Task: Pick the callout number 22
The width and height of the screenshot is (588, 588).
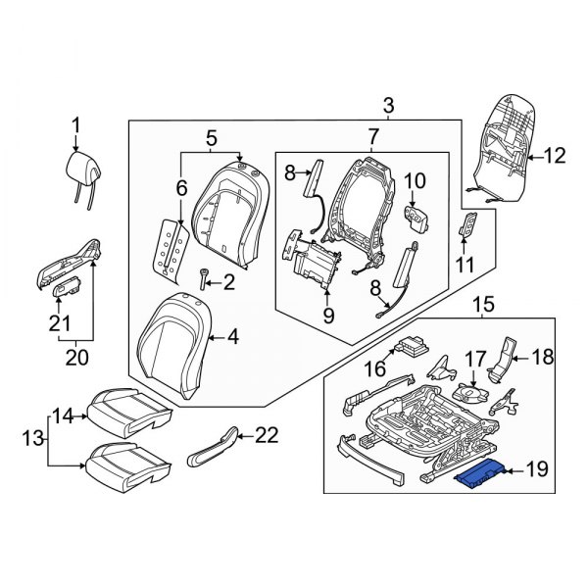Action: coord(266,434)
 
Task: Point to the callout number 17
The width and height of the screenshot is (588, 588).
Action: coord(474,359)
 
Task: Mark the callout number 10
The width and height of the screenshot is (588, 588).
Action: coord(415,180)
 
